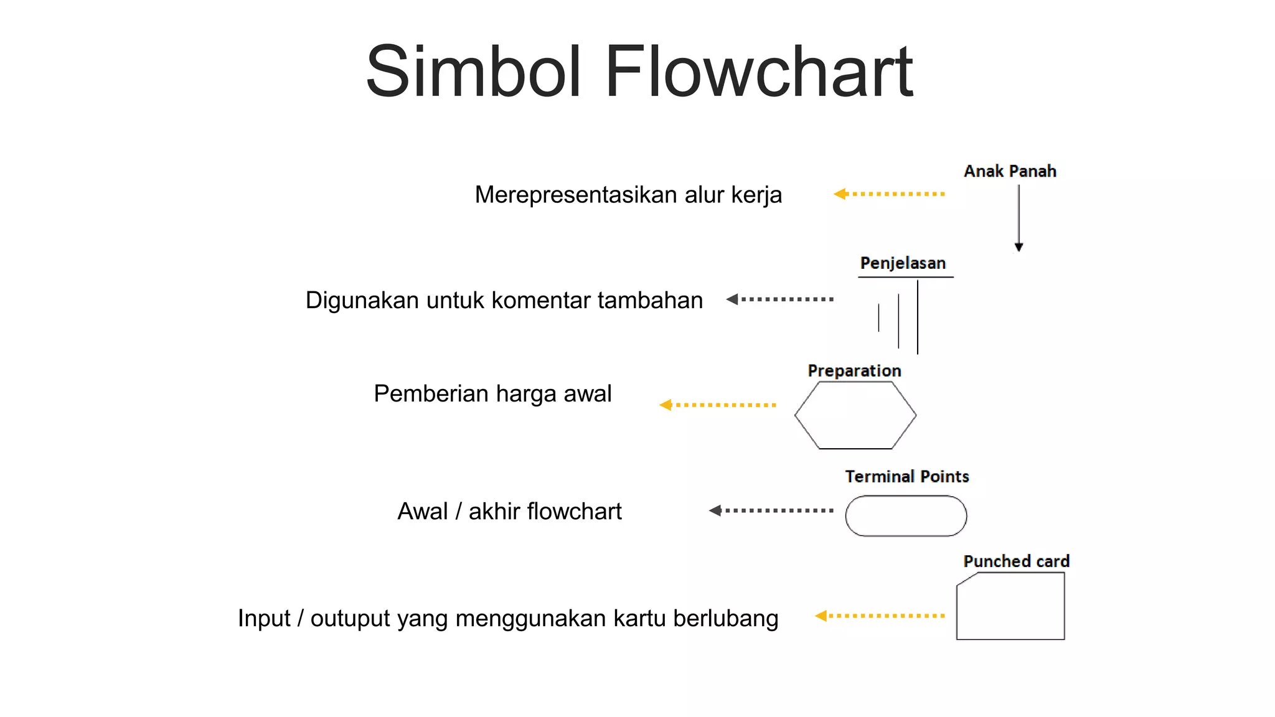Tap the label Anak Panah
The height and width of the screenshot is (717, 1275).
1010,171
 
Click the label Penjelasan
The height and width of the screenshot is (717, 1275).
903,263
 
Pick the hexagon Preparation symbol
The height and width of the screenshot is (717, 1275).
855,415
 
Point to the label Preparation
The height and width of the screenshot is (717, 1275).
854,371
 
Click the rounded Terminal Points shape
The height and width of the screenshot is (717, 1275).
906,516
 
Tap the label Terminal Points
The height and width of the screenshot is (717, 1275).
907,477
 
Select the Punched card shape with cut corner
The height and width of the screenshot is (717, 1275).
1010,607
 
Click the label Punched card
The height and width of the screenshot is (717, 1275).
1016,561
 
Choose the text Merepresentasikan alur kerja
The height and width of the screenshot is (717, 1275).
628,195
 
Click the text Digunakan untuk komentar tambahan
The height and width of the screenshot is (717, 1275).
504,301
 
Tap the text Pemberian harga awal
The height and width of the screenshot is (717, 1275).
492,394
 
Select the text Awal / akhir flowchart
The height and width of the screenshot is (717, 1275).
509,512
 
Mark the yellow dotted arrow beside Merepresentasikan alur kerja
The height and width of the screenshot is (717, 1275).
889,194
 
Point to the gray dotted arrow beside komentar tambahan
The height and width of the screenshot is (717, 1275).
779,299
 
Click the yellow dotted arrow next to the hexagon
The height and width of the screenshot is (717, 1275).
718,405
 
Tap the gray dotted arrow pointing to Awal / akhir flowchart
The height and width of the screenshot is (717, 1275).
771,511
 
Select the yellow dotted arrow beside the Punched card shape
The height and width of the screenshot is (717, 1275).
880,616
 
